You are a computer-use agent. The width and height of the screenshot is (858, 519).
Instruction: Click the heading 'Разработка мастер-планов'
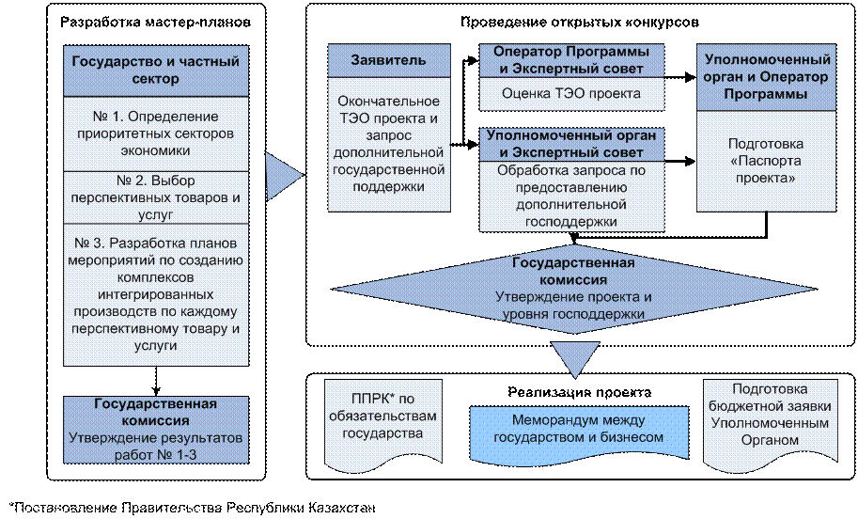(155, 23)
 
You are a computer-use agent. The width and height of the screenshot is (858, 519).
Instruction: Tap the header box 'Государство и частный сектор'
(156, 71)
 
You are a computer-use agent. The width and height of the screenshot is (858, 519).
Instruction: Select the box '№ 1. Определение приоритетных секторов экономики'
(156, 134)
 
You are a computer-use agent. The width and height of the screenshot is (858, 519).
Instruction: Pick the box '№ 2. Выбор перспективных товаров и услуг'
(156, 197)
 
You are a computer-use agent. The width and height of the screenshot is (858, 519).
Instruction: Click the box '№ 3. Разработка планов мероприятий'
(156, 294)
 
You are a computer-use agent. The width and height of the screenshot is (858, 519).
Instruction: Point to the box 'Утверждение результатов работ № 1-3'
(156, 430)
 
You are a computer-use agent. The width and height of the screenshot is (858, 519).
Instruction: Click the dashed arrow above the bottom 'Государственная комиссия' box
(156, 381)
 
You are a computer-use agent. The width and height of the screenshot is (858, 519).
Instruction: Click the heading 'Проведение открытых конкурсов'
(580, 23)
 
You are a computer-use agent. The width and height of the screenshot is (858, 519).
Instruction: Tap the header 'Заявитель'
(389, 60)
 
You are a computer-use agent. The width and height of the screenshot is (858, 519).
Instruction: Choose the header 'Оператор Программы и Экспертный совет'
(571, 60)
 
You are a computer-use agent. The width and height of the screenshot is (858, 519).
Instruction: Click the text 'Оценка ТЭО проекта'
(571, 94)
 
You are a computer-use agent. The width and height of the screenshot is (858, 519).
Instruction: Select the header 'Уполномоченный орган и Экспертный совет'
(571, 144)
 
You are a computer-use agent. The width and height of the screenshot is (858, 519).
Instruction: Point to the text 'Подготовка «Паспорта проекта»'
(766, 161)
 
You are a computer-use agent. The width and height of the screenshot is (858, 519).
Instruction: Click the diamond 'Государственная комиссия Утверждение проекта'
(574, 289)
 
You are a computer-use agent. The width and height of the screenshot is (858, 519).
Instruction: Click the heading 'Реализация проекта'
(580, 392)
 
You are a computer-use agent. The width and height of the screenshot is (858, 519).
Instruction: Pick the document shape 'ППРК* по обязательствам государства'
(383, 425)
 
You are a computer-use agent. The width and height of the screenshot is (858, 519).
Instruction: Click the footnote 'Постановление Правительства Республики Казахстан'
(193, 508)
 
